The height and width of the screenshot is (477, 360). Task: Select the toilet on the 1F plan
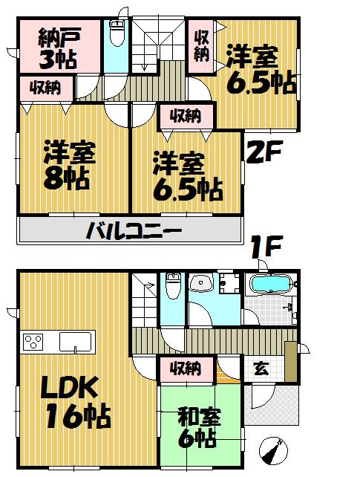pos(173,286)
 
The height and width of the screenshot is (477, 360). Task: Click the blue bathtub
pos(272,285)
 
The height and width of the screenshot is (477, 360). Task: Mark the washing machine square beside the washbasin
pos(229,283)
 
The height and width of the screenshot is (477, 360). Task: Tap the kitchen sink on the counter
pos(76,343)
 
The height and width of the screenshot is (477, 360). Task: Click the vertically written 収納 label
pos(201,45)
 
